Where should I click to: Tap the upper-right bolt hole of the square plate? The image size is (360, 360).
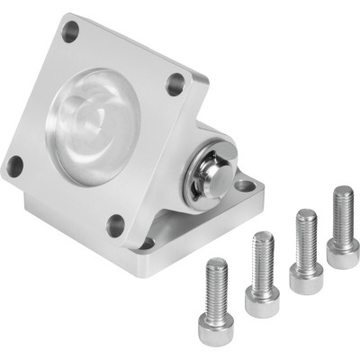[x=174, y=87]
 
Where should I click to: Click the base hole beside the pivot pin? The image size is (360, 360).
[x=245, y=187]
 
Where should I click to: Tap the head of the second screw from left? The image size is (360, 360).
[x=260, y=246]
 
